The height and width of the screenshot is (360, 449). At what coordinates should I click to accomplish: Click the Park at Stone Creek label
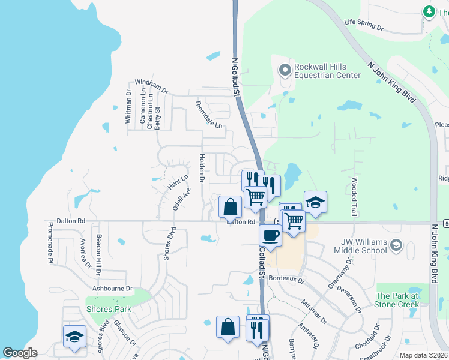tap(397, 300)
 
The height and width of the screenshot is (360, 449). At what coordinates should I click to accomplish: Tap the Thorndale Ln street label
tap(209, 113)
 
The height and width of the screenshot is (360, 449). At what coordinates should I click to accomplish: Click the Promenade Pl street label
tap(50, 244)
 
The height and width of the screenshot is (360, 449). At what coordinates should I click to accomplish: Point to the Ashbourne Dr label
tap(112, 289)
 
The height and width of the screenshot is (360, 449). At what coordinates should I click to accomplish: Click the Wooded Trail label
tap(354, 196)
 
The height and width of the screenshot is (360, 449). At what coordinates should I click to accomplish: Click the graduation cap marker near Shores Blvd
tap(74, 337)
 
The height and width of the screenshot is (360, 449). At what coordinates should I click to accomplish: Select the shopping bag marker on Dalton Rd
tap(230, 207)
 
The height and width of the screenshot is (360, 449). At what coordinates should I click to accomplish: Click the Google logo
tap(20, 353)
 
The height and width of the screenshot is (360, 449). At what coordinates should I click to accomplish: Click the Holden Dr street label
tap(202, 168)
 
